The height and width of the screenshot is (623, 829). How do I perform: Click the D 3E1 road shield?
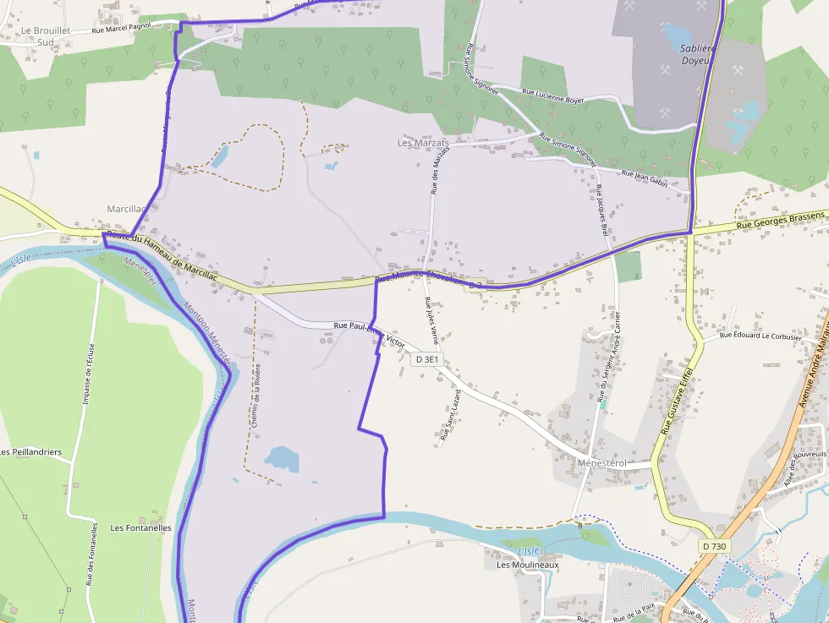[427, 360]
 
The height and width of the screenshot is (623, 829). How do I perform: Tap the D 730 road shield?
[713, 547]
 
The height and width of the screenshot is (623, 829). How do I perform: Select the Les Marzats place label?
[423, 143]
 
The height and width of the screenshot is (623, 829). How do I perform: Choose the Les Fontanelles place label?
[140, 527]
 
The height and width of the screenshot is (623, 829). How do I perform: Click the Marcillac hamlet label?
[126, 208]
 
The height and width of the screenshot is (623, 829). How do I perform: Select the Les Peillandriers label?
[31, 452]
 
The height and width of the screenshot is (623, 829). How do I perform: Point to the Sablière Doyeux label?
[698, 54]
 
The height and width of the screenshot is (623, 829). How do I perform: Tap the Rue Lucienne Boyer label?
[553, 96]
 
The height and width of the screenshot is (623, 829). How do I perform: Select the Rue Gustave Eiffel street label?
[677, 401]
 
